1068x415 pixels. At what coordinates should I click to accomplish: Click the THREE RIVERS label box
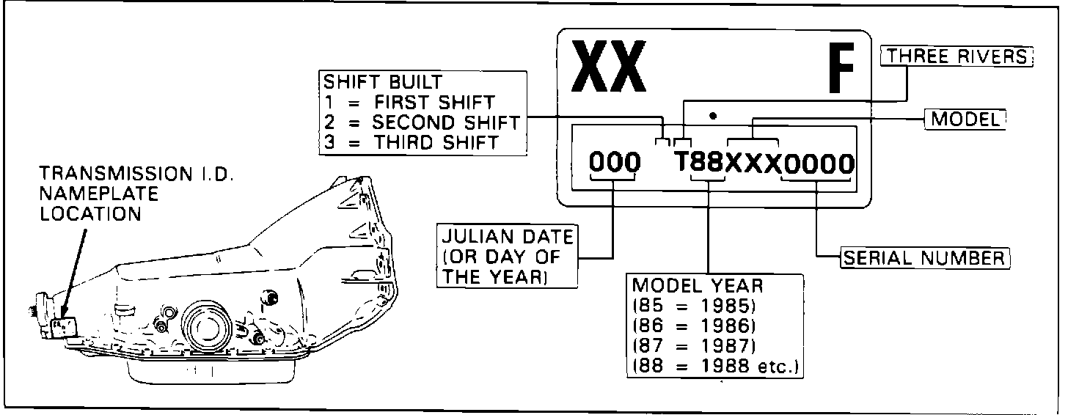(x=958, y=56)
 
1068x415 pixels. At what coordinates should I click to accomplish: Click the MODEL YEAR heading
(x=687, y=284)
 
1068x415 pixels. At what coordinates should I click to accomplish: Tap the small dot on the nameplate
(x=714, y=115)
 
